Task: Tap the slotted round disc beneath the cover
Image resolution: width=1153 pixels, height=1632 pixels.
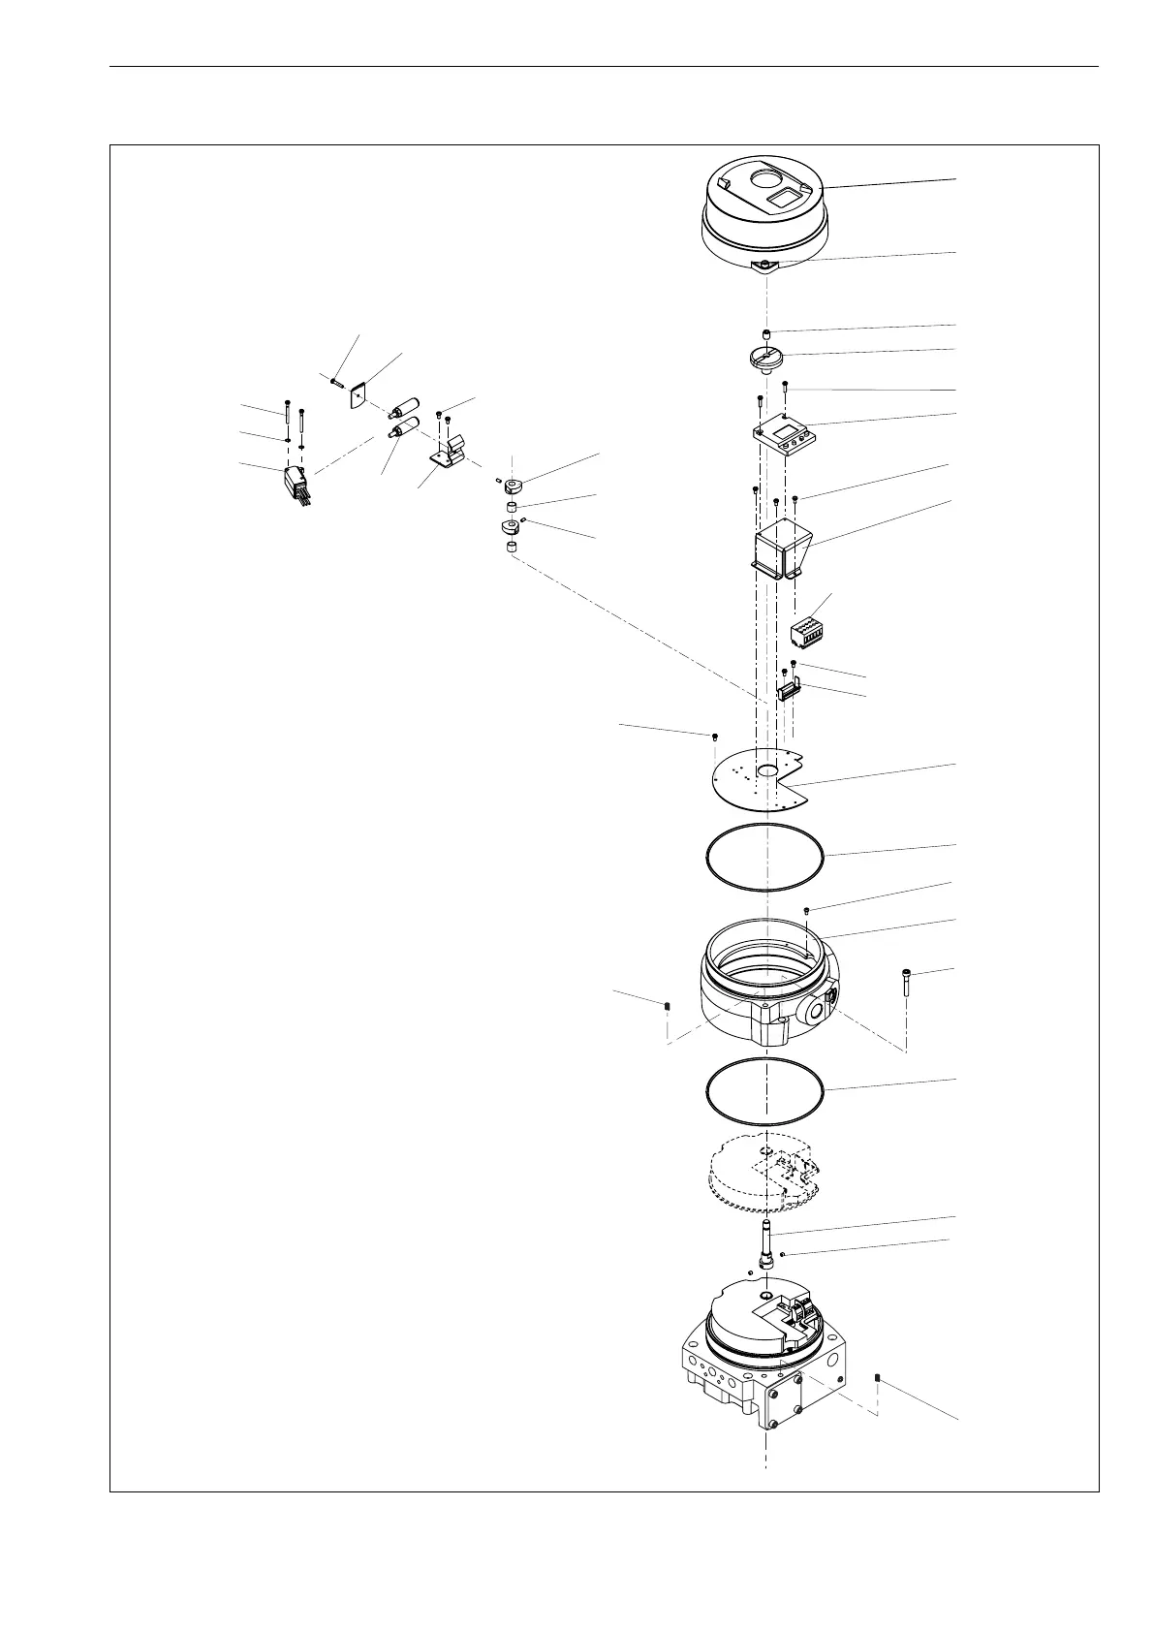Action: click(764, 358)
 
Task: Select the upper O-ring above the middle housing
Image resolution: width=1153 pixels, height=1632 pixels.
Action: click(763, 857)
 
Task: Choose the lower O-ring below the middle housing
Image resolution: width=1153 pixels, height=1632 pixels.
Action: click(763, 1090)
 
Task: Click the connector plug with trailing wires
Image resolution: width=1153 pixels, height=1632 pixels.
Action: click(295, 484)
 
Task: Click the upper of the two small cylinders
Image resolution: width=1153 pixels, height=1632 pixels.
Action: click(403, 405)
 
